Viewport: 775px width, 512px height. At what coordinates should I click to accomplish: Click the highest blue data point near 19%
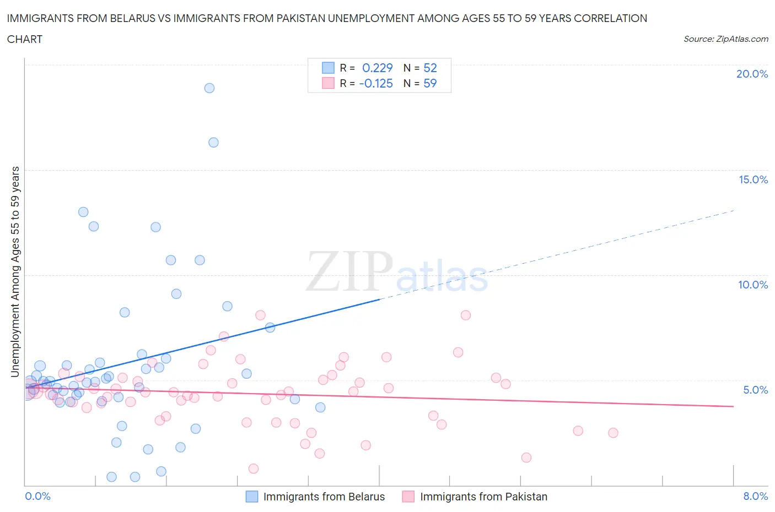209,88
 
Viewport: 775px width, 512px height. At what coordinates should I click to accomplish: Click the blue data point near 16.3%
213,143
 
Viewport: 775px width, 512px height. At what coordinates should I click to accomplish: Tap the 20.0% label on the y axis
752,74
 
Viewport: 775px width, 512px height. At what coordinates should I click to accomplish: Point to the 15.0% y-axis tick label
753,179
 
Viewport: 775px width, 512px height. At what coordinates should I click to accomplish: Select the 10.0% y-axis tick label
753,285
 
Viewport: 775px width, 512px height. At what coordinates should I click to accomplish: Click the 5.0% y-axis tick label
755,390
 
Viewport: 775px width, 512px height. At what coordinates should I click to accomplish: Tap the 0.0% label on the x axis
37,496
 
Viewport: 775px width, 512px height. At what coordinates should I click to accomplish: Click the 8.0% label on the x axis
755,496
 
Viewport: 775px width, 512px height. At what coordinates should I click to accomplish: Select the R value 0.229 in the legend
377,68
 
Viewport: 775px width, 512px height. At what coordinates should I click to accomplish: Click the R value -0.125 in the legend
375,83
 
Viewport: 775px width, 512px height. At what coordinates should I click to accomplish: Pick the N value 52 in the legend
430,68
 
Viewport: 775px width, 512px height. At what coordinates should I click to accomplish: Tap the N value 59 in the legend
430,83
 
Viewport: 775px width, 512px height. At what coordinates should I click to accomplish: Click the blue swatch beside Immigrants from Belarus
252,497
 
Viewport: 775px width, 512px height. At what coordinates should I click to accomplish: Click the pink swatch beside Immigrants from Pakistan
408,497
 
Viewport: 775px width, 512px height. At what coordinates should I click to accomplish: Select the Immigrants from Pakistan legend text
483,497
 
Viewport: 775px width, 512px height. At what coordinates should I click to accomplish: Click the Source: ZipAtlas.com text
725,39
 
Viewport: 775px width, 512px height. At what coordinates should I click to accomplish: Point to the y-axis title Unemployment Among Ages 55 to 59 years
15,271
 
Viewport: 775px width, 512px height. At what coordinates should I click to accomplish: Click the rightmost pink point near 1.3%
526,457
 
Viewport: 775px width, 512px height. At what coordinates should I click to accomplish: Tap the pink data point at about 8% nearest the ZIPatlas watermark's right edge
466,315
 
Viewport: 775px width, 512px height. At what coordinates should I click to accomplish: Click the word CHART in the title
25,39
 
